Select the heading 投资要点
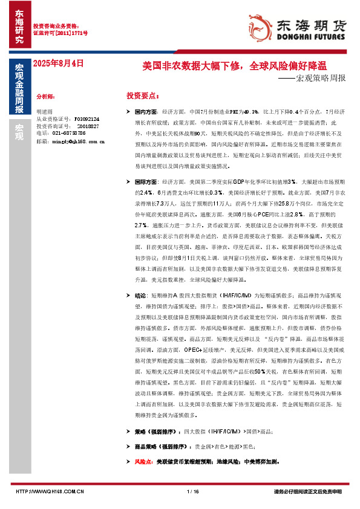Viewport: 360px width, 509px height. pyautogui.click(x=142, y=96)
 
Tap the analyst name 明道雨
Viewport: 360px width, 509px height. pyautogui.click(x=45, y=111)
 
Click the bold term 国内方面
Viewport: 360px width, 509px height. pyautogui.click(x=146, y=112)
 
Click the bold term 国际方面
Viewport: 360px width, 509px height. pyautogui.click(x=146, y=181)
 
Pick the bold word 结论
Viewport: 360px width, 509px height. pyautogui.click(x=140, y=296)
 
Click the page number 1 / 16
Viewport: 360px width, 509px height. pyautogui.click(x=194, y=491)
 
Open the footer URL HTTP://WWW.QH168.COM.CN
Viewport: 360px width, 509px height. pyautogui.click(x=49, y=491)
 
